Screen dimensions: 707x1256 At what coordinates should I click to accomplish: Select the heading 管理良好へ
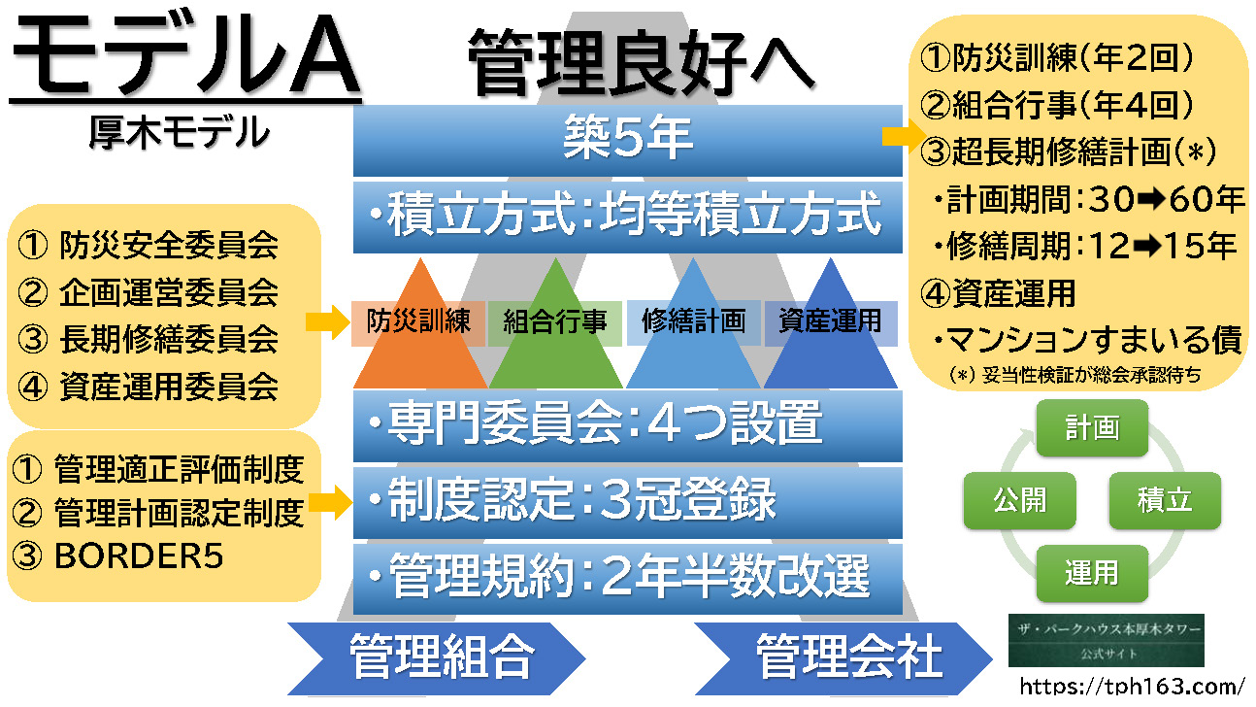pyautogui.click(x=640, y=60)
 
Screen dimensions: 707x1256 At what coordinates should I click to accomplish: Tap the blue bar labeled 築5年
pyautogui.click(x=627, y=140)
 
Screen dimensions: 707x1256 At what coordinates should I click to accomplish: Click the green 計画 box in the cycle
pyautogui.click(x=1092, y=427)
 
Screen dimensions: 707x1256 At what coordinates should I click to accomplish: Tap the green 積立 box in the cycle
pyautogui.click(x=1165, y=500)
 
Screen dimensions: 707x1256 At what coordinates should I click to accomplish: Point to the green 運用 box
pyautogui.click(x=1092, y=572)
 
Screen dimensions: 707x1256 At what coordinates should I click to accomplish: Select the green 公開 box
pyautogui.click(x=1019, y=500)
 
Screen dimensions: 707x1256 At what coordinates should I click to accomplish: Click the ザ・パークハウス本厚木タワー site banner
pyautogui.click(x=1106, y=639)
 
